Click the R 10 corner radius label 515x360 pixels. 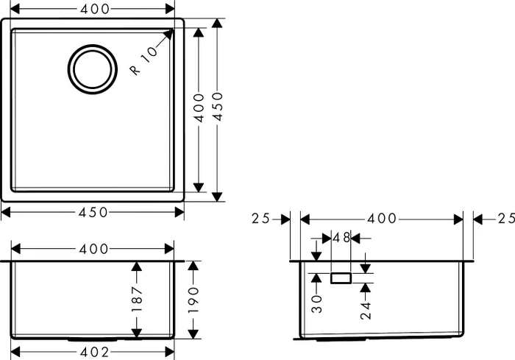[x=143, y=61]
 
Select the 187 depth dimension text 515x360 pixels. [x=137, y=300]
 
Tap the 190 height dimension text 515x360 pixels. [x=193, y=300]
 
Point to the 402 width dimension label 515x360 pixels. [x=94, y=353]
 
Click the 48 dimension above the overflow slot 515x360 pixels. [x=341, y=237]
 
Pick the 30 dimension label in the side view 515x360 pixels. [x=316, y=304]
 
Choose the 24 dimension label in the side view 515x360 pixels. [x=366, y=311]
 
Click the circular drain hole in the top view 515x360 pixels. [x=93, y=69]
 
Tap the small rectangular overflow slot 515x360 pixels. [x=341, y=278]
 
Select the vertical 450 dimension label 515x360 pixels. [x=218, y=107]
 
